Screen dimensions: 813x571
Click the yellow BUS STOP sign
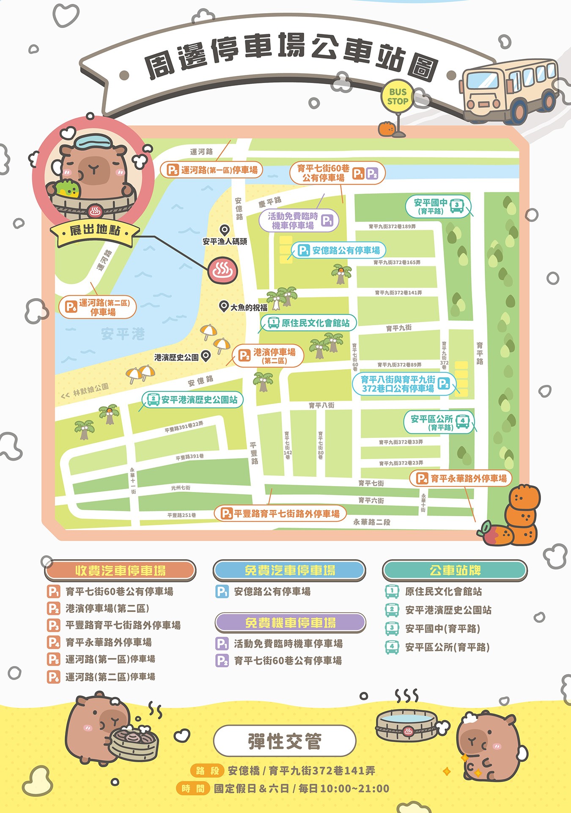click(x=398, y=97)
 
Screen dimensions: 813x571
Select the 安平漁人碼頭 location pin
click(x=225, y=230)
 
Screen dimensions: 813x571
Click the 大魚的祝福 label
click(x=249, y=307)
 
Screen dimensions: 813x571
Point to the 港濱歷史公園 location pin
click(x=206, y=356)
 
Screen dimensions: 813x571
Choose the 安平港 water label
click(x=123, y=334)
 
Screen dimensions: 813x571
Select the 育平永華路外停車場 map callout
click(x=461, y=478)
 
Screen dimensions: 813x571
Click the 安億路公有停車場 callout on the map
click(x=339, y=250)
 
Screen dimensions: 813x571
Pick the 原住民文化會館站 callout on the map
click(x=309, y=323)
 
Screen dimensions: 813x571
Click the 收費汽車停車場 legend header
click(x=120, y=570)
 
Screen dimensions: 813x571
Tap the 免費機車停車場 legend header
click(x=290, y=623)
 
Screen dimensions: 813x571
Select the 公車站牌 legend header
click(x=455, y=570)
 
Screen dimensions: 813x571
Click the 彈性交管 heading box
click(x=285, y=741)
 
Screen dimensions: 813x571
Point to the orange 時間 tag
click(x=193, y=788)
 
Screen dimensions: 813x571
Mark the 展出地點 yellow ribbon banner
click(x=95, y=231)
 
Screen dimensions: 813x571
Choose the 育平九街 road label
click(x=398, y=328)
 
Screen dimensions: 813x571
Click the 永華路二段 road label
click(x=371, y=522)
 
